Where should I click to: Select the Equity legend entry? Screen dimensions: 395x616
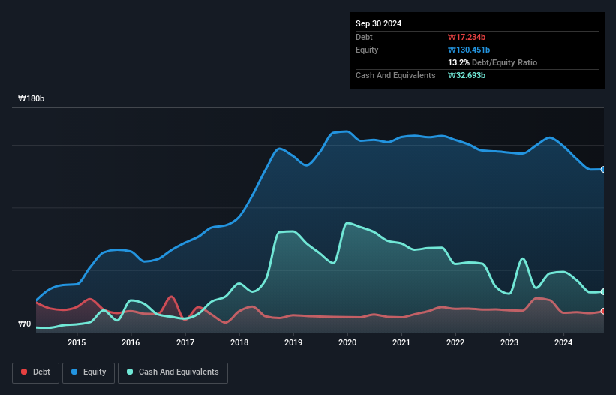[x=88, y=372]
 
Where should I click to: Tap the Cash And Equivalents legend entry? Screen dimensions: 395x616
[x=173, y=372]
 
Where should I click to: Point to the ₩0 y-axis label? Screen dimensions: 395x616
[x=24, y=324]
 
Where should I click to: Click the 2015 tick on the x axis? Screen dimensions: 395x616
[x=77, y=343]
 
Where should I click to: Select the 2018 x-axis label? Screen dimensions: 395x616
[x=239, y=343]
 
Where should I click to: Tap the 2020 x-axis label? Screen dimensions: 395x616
[x=347, y=343]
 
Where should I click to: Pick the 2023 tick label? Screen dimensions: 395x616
[x=509, y=343]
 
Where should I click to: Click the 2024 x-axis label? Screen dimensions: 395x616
[x=563, y=343]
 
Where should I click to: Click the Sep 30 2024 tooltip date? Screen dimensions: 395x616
[x=378, y=23]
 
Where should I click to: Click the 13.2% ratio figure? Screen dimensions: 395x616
[x=459, y=62]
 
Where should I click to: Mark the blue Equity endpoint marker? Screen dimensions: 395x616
[x=603, y=170]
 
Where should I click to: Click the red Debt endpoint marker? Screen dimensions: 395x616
[x=603, y=311]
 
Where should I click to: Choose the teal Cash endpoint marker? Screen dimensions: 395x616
[x=603, y=291]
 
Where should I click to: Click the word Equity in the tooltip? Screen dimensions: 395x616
[x=367, y=50]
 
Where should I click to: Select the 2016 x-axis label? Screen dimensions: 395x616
[x=131, y=343]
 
